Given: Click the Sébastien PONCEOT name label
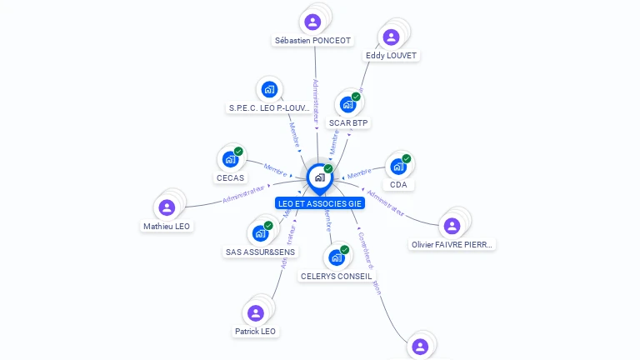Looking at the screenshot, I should [313, 40].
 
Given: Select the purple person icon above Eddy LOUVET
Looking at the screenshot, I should [391, 37].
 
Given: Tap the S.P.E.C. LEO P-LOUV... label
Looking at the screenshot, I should [269, 107].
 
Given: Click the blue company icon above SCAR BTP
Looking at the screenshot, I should [347, 105].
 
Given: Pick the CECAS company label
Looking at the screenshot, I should [230, 177].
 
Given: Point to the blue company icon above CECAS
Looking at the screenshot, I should [229, 158].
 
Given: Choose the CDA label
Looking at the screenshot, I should [397, 184].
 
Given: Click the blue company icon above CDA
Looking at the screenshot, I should [397, 165].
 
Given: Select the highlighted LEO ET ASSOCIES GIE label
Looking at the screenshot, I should [320, 203].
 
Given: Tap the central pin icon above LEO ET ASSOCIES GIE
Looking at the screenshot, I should [319, 177].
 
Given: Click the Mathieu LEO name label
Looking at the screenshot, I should [167, 226].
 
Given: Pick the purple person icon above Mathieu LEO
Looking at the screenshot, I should [167, 207].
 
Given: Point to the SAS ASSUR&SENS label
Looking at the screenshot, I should [260, 252].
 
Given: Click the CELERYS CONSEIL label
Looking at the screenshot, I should [337, 276].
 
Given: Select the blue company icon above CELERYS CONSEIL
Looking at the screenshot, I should [336, 257].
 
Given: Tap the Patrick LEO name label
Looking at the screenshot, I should [255, 331].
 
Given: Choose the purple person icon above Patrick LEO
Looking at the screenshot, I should [255, 312].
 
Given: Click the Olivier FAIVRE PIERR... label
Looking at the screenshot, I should [452, 245].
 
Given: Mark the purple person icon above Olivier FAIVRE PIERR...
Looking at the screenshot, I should [452, 226].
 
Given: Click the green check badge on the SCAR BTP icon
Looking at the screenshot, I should [356, 97].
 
